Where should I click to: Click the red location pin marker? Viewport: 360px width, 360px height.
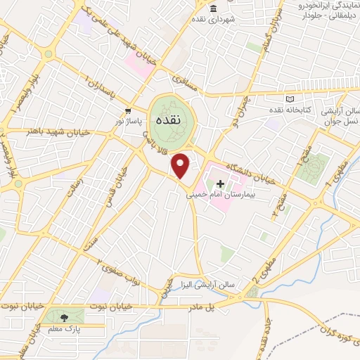pyautogui.click(x=181, y=165)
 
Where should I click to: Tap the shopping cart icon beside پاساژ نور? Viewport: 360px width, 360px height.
pyautogui.click(x=127, y=112)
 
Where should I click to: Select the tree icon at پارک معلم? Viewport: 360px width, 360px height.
pyautogui.click(x=65, y=318)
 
